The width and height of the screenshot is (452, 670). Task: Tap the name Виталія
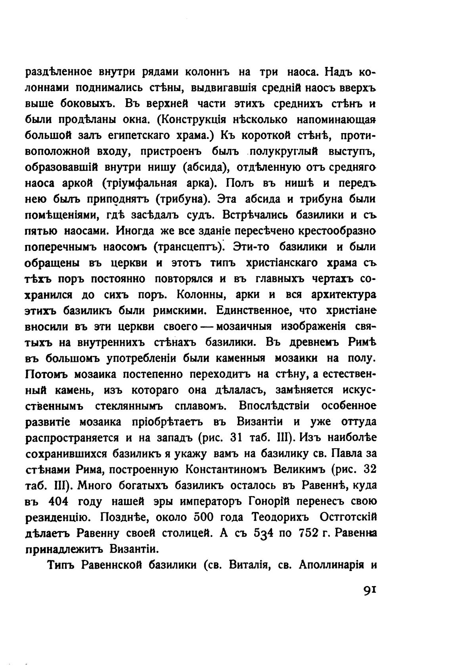pyautogui.click(x=250, y=565)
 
